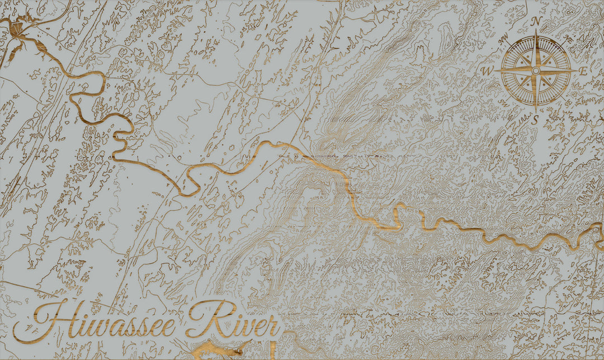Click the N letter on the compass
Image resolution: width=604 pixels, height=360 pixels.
tap(535, 21)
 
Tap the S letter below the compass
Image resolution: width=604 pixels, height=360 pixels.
tap(535, 120)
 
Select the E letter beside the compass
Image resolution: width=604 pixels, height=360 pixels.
tap(583, 71)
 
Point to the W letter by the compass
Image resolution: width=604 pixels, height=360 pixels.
tap(487, 71)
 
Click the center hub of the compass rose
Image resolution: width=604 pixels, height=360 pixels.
tap(536, 71)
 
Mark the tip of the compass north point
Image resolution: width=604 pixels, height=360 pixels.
tap(536, 30)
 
